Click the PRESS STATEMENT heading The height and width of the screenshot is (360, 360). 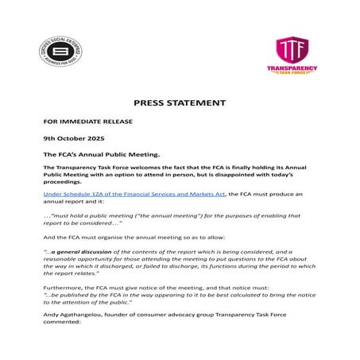point(180,103)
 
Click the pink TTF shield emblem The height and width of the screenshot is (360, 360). point(291,48)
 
